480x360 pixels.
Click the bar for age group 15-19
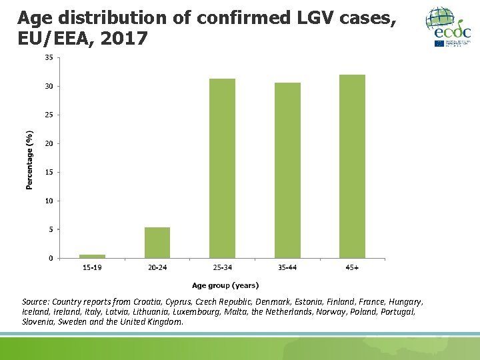click(x=92, y=256)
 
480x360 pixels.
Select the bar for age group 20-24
click(x=157, y=243)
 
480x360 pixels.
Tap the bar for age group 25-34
click(x=222, y=168)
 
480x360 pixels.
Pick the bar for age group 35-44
click(x=287, y=170)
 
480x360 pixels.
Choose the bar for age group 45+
click(x=352, y=166)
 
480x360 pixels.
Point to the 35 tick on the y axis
click(x=49, y=57)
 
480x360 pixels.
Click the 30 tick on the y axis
click(x=49, y=86)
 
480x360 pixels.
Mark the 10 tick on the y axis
click(x=49, y=201)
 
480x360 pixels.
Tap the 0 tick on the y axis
click(x=51, y=258)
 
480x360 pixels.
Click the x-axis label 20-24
click(x=157, y=268)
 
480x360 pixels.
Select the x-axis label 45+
click(x=352, y=268)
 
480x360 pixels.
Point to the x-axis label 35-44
click(x=287, y=268)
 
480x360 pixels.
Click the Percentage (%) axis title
click(x=29, y=160)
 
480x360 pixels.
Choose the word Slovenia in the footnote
click(x=40, y=322)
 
